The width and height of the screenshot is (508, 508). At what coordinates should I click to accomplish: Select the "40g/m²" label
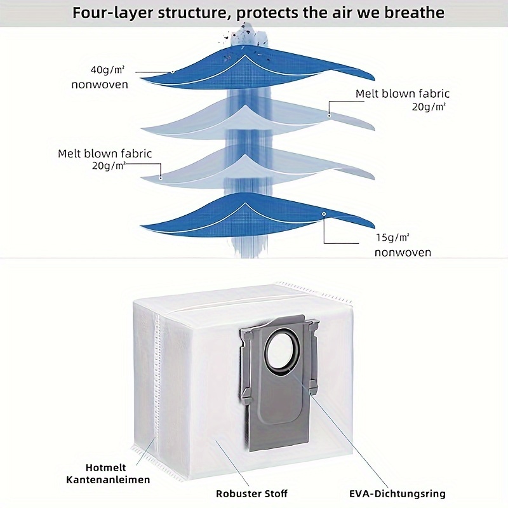(x=110, y=70)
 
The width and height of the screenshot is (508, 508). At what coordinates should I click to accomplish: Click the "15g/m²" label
(x=392, y=237)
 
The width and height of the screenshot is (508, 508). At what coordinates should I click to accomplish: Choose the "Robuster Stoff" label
(x=251, y=493)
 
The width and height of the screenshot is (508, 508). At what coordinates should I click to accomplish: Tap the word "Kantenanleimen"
(x=109, y=479)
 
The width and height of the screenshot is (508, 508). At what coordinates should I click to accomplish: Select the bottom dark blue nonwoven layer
(x=210, y=219)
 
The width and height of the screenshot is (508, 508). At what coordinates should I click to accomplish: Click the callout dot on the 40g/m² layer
(x=172, y=72)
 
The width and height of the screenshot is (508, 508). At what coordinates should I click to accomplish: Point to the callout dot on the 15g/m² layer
(x=323, y=215)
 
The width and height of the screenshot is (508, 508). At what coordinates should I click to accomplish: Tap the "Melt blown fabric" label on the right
(x=403, y=93)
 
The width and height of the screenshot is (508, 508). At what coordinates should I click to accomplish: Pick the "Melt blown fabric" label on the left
(x=105, y=154)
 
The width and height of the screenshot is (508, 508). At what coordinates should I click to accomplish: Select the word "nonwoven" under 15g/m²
(x=403, y=252)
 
